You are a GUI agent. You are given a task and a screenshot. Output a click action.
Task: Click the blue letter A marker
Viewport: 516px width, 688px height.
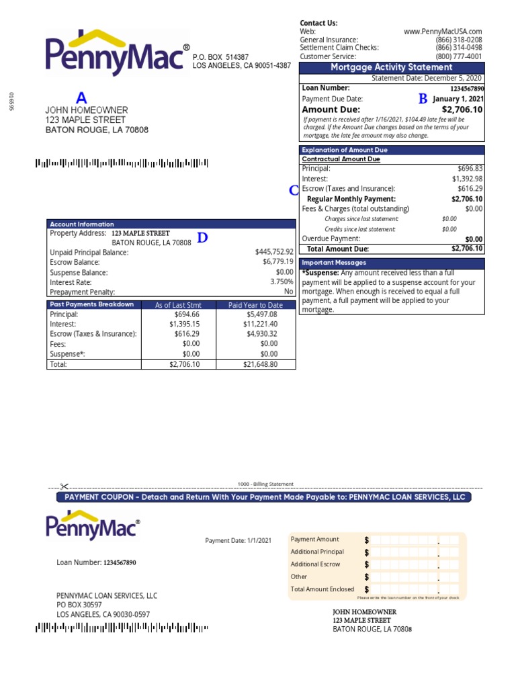tap(81, 98)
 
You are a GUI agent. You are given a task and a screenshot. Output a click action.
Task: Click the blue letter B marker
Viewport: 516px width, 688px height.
tap(423, 99)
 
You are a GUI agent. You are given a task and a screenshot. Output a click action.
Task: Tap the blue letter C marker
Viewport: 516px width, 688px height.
tap(294, 191)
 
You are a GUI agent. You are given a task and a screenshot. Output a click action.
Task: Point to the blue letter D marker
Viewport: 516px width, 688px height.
tap(202, 238)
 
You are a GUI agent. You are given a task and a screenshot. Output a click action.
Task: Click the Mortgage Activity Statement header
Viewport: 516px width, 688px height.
tap(392, 67)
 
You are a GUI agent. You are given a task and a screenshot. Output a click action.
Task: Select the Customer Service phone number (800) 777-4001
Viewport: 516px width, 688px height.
tap(459, 56)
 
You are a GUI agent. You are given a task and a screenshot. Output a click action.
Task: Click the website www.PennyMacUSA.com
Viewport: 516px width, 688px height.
tap(443, 31)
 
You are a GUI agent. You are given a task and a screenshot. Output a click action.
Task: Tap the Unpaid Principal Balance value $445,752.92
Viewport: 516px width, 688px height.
tap(274, 252)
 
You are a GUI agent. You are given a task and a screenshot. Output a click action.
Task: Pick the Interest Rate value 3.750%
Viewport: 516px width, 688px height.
tap(282, 282)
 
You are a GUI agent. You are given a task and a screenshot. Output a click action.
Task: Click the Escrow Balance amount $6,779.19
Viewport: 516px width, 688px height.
tap(278, 262)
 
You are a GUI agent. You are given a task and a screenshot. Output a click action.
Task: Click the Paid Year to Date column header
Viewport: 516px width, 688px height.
tap(255, 305)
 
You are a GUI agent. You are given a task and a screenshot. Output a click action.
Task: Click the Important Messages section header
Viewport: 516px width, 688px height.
tap(329, 263)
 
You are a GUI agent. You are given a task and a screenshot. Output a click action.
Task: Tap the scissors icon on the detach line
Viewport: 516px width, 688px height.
tap(64, 486)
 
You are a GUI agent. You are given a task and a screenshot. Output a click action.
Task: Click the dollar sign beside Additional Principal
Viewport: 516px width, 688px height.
tap(367, 552)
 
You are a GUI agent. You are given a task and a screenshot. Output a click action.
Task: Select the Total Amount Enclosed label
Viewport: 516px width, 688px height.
tap(322, 589)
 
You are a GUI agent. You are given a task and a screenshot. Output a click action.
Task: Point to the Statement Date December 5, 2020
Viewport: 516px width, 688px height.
tap(427, 78)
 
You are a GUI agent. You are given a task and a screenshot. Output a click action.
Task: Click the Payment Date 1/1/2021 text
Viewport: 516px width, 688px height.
tap(239, 540)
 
